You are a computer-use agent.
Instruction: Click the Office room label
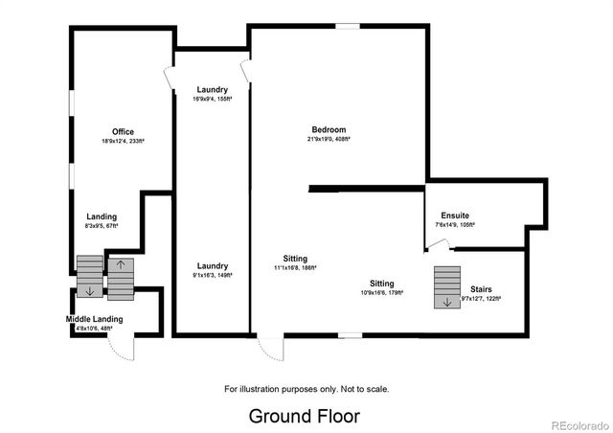pos(123,132)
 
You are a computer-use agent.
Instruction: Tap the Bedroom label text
pos(329,130)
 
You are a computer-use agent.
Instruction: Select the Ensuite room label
pos(455,216)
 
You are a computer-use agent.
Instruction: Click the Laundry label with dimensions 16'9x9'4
pos(211,89)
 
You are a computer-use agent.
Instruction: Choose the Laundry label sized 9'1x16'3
pos(212,265)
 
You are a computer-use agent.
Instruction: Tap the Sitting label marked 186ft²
pos(295,259)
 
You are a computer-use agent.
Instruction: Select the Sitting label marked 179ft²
pos(382,284)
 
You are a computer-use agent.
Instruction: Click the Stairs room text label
pos(482,288)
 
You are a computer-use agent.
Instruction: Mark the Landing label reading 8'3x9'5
pos(102,216)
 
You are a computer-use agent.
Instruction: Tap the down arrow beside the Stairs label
pos(444,303)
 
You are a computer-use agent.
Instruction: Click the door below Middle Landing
pos(123,348)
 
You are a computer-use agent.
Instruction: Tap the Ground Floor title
pos(305,416)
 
